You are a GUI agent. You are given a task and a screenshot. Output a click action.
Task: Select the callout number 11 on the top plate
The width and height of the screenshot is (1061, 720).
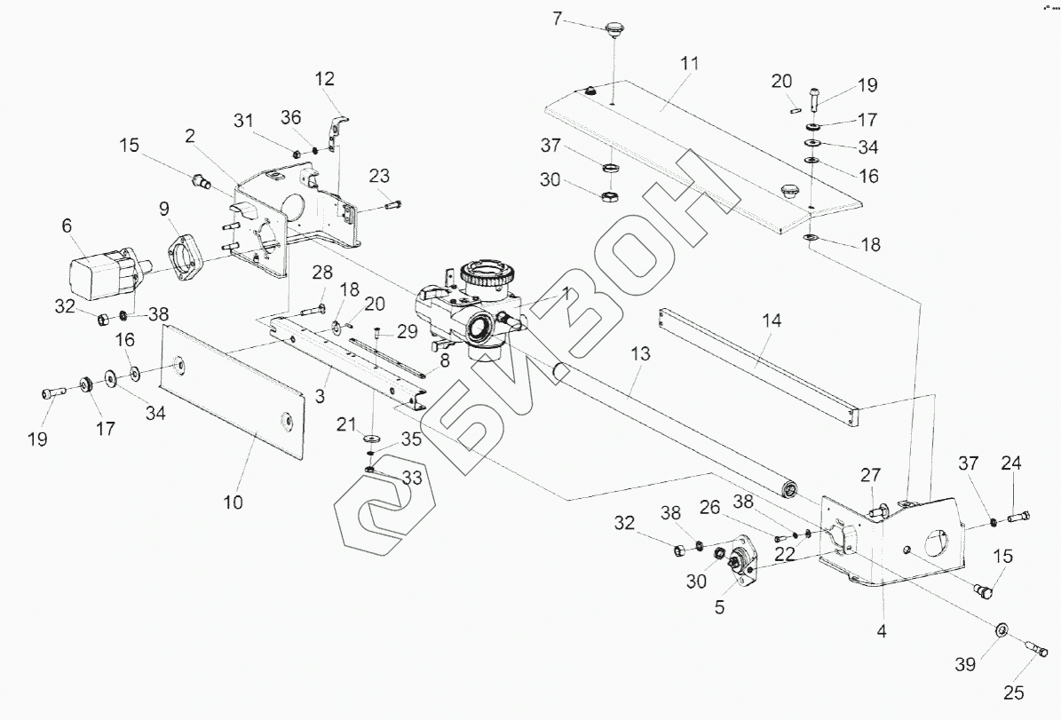(x=690, y=64)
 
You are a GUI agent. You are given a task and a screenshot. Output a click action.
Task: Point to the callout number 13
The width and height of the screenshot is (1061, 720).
(x=641, y=353)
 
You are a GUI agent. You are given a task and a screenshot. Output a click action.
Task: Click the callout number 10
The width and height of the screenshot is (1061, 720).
(x=233, y=502)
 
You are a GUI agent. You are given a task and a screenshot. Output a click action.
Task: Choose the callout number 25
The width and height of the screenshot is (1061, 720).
(x=1013, y=692)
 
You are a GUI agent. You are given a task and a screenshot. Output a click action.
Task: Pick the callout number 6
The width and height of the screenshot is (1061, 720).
(x=67, y=227)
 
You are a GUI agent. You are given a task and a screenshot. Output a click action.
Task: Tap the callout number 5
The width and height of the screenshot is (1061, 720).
(x=720, y=608)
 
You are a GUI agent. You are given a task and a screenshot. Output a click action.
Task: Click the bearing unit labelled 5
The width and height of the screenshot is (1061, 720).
(x=740, y=560)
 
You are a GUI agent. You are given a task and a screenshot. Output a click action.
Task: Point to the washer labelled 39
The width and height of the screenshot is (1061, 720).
(x=1000, y=630)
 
